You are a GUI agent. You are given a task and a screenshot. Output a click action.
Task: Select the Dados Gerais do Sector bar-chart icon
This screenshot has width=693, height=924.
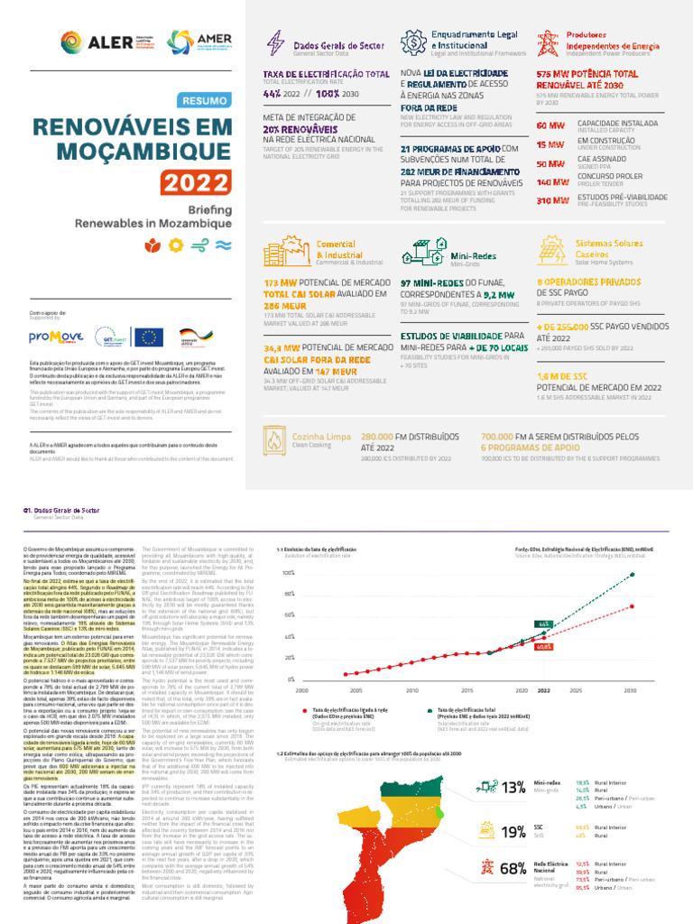click(x=274, y=42)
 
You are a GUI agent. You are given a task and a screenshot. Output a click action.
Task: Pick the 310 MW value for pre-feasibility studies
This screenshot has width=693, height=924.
click(x=550, y=200)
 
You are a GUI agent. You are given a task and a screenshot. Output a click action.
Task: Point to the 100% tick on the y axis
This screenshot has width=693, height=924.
click(x=288, y=573)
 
